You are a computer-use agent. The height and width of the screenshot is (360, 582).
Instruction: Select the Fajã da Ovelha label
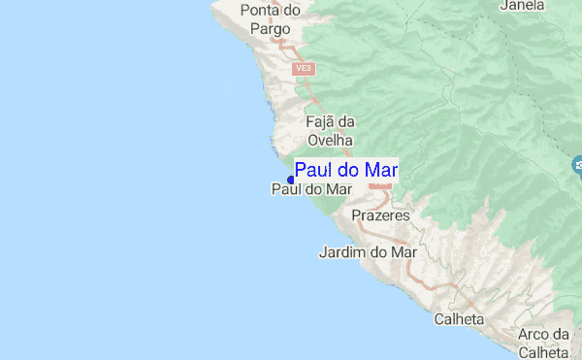click(330, 130)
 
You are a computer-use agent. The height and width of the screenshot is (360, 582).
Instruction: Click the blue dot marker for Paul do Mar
click(291, 179)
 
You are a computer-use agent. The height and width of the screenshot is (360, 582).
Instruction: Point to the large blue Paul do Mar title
click(346, 171)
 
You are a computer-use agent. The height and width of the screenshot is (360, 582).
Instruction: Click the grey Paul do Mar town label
click(309, 190)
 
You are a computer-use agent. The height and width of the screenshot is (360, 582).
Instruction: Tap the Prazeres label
click(380, 214)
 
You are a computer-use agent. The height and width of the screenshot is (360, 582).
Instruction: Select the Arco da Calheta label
click(543, 343)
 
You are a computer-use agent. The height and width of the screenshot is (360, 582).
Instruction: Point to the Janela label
click(521, 6)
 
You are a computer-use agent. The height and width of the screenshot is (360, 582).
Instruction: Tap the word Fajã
click(320, 122)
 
